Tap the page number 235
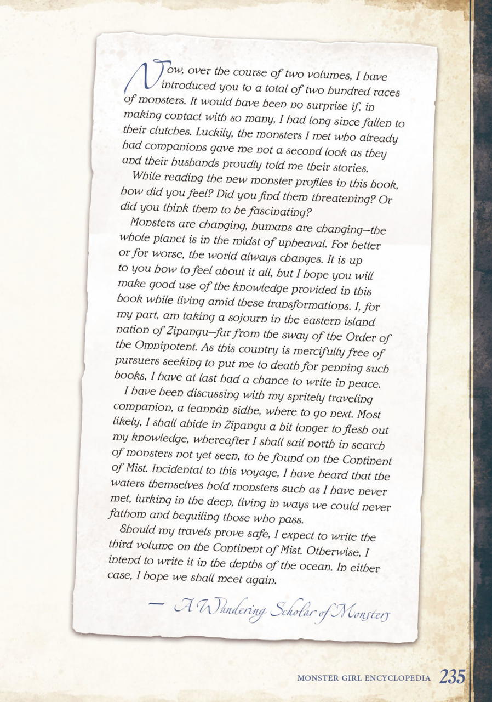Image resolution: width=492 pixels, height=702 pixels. pyautogui.click(x=451, y=677)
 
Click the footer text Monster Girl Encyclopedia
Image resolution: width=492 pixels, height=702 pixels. pyautogui.click(x=363, y=678)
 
